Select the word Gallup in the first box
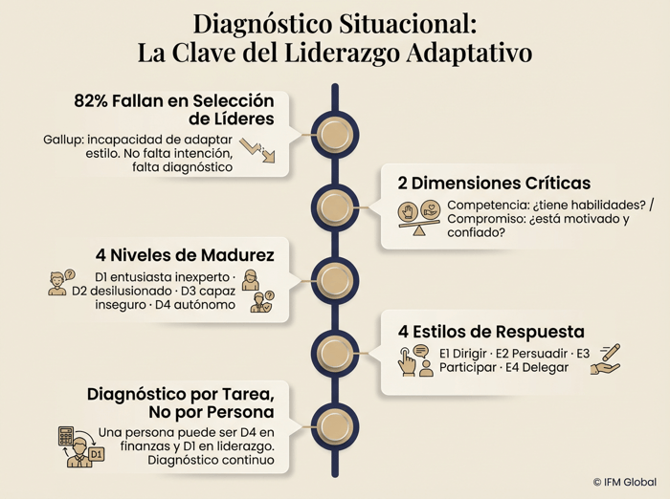pos(61,140)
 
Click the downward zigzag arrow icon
pos(257,150)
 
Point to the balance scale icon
pos(419,218)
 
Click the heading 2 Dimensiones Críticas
pos(494,184)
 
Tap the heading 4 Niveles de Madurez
pos(185,255)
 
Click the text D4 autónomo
pos(195,305)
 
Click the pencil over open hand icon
pos(606,359)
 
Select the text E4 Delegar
pos(537,367)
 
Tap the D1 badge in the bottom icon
pos(97,454)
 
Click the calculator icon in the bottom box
pos(66,436)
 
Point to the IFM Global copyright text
pos(625,483)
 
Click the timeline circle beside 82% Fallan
pos(335,135)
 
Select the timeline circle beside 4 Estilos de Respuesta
pos(335,353)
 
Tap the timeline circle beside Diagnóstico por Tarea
pos(335,427)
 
